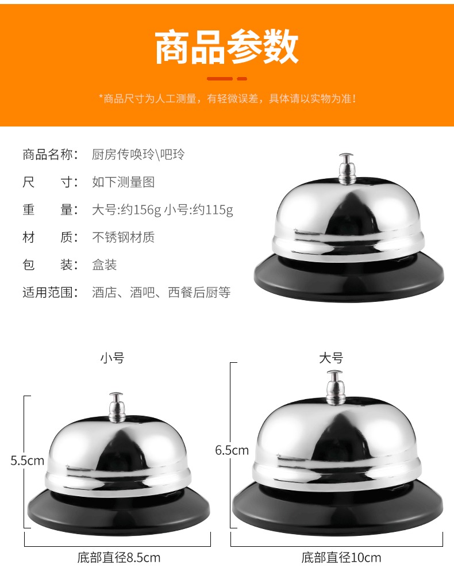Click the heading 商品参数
226,47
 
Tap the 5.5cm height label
28,461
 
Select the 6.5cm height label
232,450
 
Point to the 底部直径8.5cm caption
119,558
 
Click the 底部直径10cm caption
341,558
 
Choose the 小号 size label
112,358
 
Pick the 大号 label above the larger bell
331,358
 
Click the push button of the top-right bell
347,168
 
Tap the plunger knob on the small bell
116,407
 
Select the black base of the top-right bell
349,281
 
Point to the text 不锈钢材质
124,237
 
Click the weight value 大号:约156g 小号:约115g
163,210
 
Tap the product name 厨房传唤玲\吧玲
138,154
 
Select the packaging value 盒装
105,264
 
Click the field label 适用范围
50,293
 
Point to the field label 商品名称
50,154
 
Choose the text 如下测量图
124,182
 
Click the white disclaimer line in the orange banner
228,98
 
